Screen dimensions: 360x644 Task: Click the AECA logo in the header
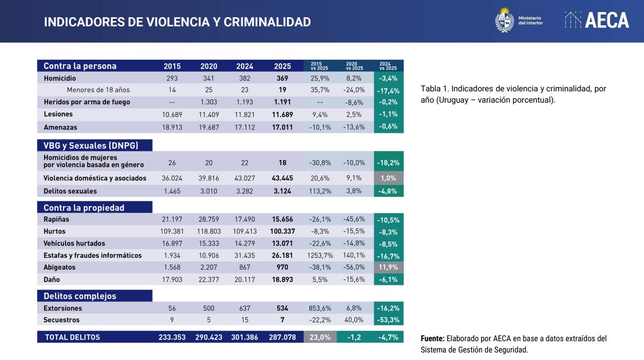(597, 20)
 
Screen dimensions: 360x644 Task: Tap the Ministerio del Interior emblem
(504, 20)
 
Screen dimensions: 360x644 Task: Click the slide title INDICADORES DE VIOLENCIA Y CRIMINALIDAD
(177, 22)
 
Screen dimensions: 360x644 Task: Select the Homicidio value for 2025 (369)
(282, 78)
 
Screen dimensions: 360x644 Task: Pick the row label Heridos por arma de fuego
(87, 102)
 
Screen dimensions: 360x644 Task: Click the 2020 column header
(209, 67)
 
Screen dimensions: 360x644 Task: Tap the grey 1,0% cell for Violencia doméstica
(388, 178)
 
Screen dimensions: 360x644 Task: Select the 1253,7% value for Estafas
(320, 255)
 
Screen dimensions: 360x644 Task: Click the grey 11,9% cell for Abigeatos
(388, 267)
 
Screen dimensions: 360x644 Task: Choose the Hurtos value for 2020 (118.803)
(209, 232)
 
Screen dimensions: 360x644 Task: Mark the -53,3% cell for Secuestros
(388, 320)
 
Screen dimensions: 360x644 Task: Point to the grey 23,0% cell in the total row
(320, 337)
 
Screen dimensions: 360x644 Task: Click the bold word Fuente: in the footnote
(432, 339)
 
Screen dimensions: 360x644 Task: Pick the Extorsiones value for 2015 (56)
(172, 308)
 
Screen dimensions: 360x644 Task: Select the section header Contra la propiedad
(84, 207)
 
